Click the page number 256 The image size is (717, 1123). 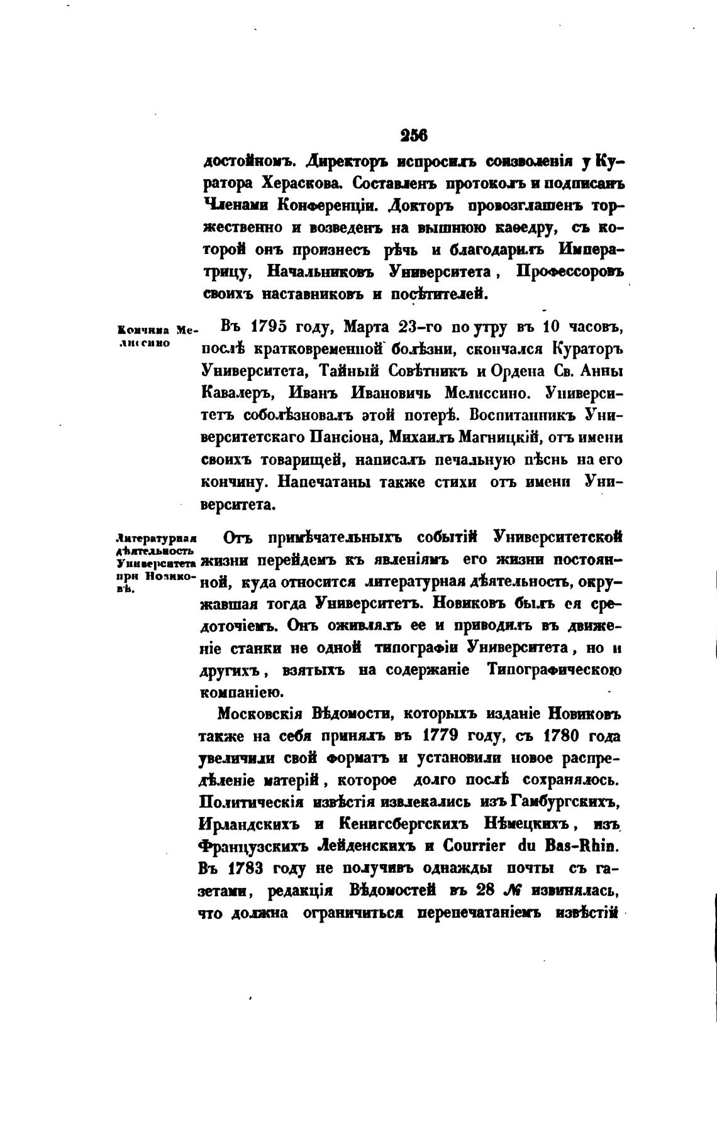(x=413, y=135)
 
